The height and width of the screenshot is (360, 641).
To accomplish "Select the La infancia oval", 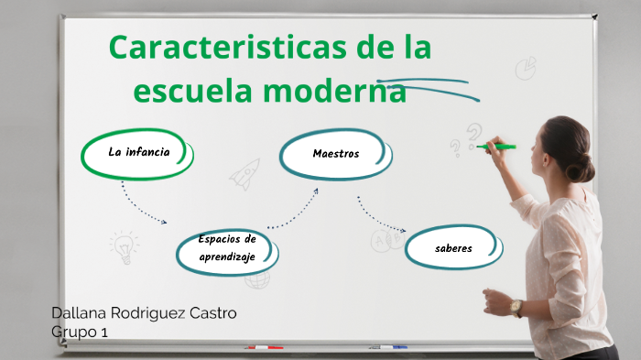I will click(138, 153).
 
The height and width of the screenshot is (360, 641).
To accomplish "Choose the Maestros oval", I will click(335, 154).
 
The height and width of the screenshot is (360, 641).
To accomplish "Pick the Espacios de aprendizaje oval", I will click(227, 249).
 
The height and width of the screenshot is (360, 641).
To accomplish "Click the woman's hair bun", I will click(581, 168).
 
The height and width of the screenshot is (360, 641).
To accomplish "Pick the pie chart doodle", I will click(525, 68).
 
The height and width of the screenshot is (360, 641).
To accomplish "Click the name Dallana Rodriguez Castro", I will click(144, 313).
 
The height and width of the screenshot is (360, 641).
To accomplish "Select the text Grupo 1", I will click(80, 333).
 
